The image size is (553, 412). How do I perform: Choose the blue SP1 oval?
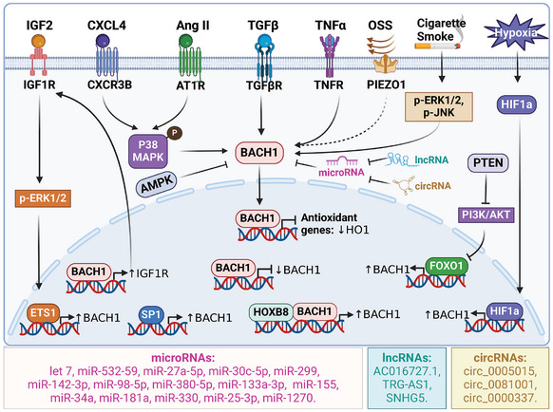149,314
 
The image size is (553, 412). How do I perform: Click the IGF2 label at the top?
36,17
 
